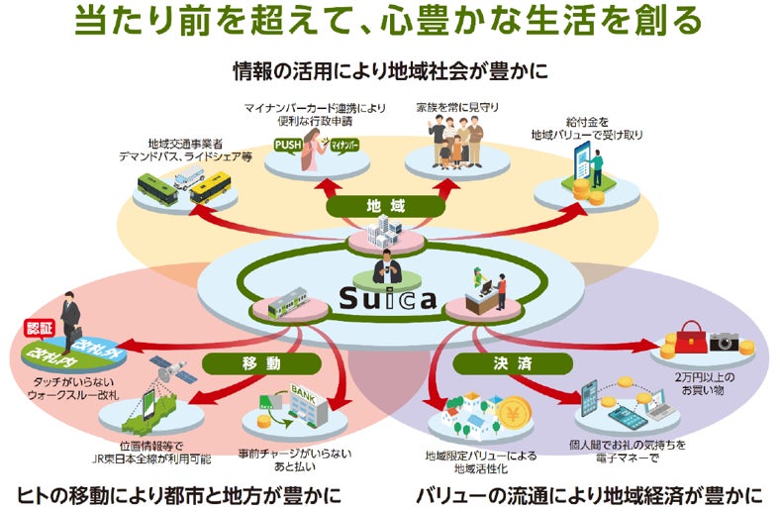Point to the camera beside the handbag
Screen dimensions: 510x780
click(725, 342)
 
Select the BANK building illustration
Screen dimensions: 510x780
click(308, 400)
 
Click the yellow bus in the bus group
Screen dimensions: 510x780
click(211, 187)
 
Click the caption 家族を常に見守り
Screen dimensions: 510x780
click(454, 106)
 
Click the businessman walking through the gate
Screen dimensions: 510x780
click(70, 321)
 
